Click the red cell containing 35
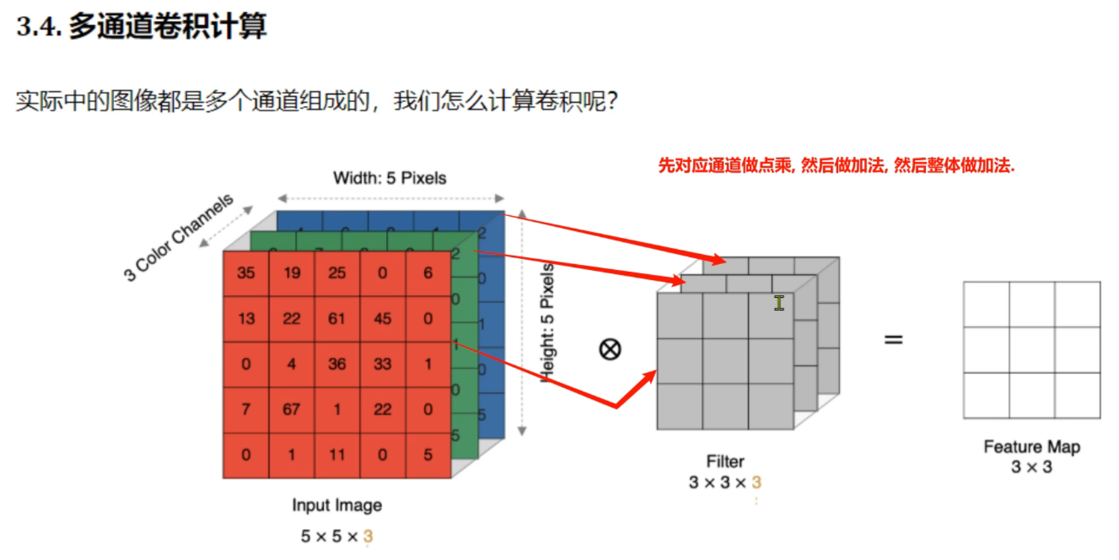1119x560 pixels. coord(246,273)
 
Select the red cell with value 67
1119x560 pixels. coord(292,409)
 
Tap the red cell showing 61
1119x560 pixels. coord(337,319)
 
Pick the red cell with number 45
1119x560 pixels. coord(382,319)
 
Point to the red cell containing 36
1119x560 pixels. coord(337,364)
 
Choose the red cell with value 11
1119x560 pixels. coord(337,455)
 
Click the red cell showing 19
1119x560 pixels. coord(292,273)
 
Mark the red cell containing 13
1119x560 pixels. coord(246,319)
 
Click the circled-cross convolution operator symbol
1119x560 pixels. coord(610,349)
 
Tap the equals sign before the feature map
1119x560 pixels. coord(893,340)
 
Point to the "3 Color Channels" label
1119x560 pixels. coord(178,237)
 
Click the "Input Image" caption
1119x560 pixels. coord(337,505)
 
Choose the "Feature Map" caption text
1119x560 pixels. coord(1032,447)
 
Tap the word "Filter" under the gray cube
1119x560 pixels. coord(725,461)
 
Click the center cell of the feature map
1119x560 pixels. coord(1032,350)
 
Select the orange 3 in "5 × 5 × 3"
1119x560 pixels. coord(368,537)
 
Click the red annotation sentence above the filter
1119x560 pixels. coord(836,166)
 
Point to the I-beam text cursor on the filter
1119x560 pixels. coord(779,303)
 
